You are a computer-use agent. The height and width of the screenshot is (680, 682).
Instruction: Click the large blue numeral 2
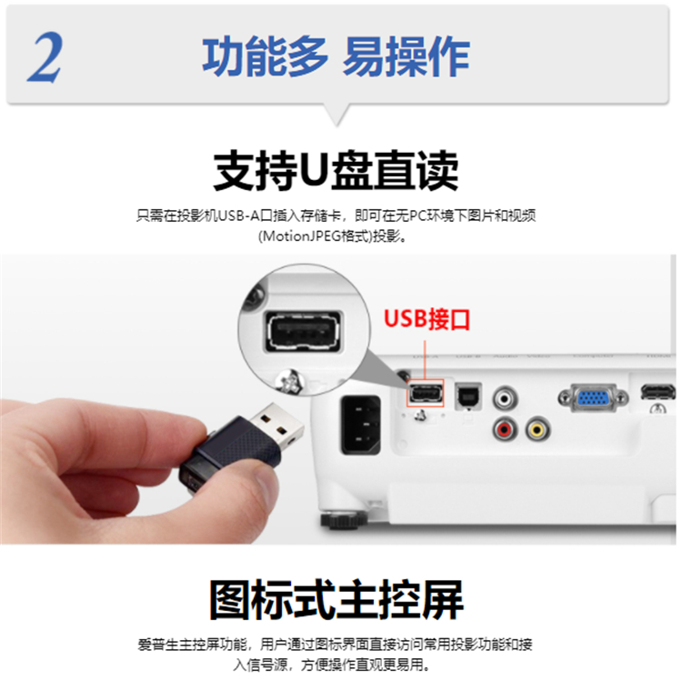pyautogui.click(x=45, y=57)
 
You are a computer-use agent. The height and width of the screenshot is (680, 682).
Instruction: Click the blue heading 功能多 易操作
pyautogui.click(x=336, y=57)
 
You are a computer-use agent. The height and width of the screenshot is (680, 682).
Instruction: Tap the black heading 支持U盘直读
pyautogui.click(x=336, y=170)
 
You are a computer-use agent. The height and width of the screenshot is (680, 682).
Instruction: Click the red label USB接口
pyautogui.click(x=426, y=319)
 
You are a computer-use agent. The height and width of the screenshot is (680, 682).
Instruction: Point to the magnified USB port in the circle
pyautogui.click(x=304, y=332)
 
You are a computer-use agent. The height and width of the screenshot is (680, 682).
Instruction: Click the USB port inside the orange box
pyautogui.click(x=426, y=394)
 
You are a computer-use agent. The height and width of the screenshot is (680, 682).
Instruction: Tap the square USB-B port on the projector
pyautogui.click(x=468, y=396)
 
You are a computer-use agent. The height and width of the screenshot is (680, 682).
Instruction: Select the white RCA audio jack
pyautogui.click(x=505, y=398)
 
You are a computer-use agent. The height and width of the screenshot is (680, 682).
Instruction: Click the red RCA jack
pyautogui.click(x=505, y=429)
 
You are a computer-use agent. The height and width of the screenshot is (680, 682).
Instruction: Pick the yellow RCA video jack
pyautogui.click(x=537, y=429)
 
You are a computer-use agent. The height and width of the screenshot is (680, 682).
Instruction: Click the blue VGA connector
pyautogui.click(x=593, y=397)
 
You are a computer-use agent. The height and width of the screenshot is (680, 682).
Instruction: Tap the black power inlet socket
pyautogui.click(x=361, y=425)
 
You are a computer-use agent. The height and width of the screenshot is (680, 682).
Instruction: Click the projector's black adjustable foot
pyautogui.click(x=343, y=520)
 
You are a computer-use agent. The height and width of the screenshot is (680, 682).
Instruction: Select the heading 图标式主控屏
pyautogui.click(x=336, y=600)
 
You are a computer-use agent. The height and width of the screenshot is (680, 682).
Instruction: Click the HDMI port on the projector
pyautogui.click(x=657, y=392)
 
